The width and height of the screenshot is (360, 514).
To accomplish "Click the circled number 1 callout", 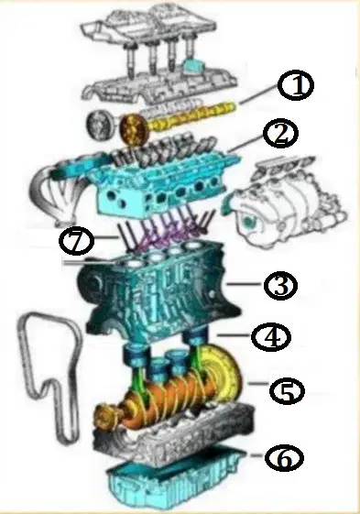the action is [296, 85].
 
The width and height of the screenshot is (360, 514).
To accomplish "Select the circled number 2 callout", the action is [281, 135].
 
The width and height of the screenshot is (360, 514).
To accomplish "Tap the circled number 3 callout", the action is [280, 285].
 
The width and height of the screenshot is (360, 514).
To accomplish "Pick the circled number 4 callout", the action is [271, 337].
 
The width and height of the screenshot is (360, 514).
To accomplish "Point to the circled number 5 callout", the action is [288, 390].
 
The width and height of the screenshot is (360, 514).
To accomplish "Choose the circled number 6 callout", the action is [284, 458].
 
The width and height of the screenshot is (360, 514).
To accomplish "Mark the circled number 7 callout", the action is [76, 242].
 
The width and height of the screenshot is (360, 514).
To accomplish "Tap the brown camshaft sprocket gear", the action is [134, 129].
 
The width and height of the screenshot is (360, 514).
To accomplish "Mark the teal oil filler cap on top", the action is [192, 66].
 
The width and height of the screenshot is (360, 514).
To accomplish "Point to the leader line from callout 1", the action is [259, 94].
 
